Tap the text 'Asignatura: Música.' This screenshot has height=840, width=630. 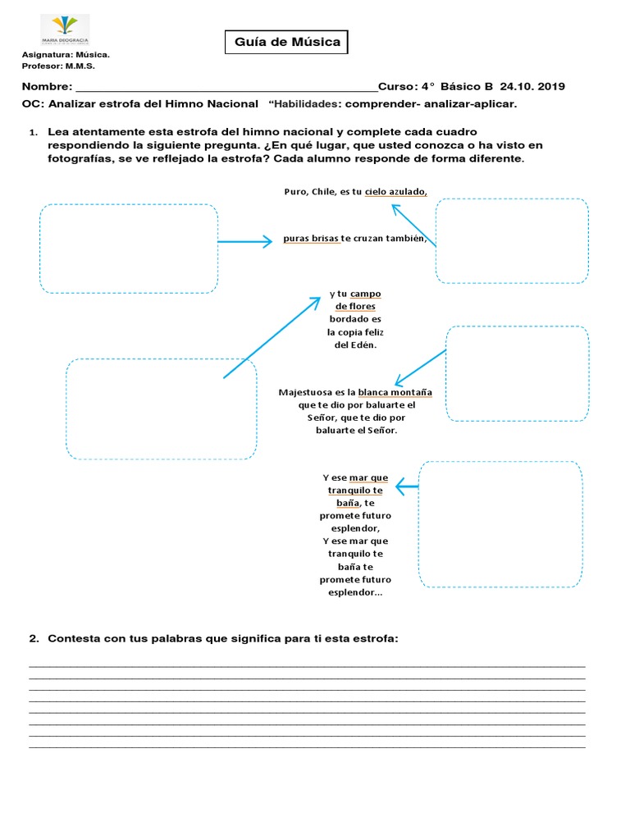[66, 55]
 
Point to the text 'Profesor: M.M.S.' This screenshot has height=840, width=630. [60, 66]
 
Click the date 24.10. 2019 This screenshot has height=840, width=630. [532, 87]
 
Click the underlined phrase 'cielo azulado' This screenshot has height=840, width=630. [395, 191]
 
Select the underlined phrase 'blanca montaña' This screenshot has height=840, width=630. [395, 392]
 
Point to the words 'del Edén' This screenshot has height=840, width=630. [354, 345]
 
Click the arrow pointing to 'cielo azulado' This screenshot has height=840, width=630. [413, 225]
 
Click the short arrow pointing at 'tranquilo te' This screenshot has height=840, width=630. [407, 487]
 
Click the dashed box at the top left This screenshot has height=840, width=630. [129, 249]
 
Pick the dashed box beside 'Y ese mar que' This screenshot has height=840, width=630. [500, 524]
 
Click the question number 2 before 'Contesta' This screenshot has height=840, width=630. [34, 638]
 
